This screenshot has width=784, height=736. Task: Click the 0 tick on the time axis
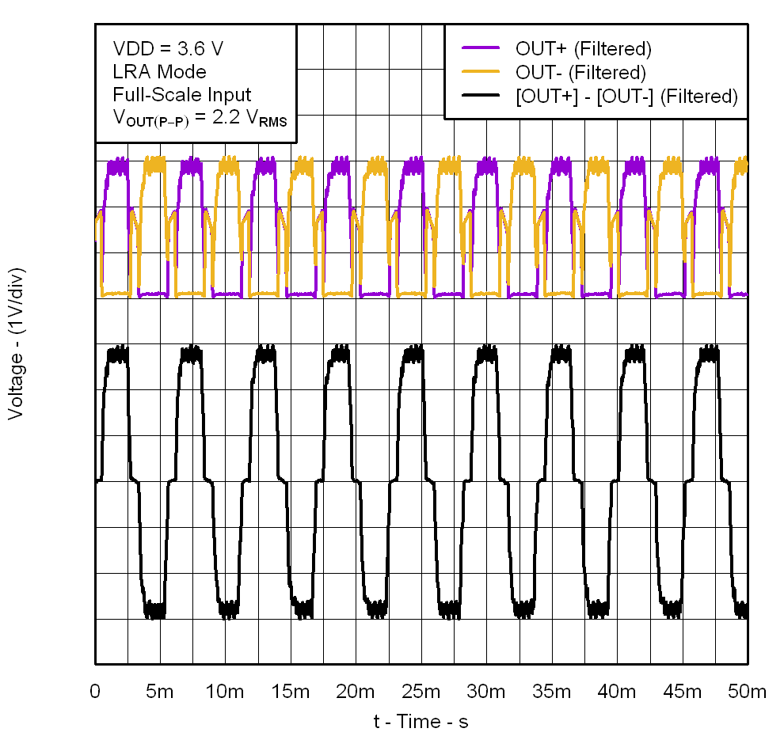coord(95,691)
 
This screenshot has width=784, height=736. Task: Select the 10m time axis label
coord(224,691)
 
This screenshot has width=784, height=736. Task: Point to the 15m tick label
coord(290,691)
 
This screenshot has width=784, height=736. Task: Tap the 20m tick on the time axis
coord(355,691)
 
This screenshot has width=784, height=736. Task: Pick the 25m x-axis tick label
coord(421,691)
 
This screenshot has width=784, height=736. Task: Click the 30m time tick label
coord(485,691)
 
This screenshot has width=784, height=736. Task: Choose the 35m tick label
coord(551,691)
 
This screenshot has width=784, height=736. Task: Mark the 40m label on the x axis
coord(616,691)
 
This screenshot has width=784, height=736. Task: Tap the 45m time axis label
coord(682,691)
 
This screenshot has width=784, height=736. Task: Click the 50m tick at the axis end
coord(747,691)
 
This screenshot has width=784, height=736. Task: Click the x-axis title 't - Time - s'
coord(421,721)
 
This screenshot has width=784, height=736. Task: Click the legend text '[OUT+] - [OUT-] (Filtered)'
coord(626,97)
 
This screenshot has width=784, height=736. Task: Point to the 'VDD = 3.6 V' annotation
coord(168,49)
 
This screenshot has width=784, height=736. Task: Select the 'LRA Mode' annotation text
coord(159,72)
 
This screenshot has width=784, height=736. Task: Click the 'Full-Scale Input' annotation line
coord(182,95)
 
